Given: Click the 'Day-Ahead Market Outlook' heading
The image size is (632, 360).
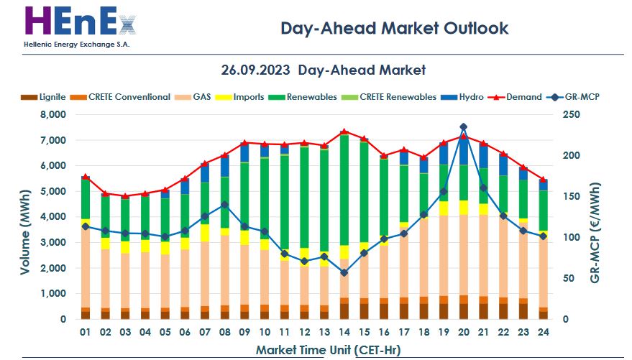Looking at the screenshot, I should (x=394, y=28).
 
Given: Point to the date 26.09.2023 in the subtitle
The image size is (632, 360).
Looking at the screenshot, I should (x=255, y=70).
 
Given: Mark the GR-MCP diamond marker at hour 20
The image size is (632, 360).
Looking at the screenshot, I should (x=463, y=127).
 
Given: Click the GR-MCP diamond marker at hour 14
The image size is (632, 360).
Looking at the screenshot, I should (x=344, y=272).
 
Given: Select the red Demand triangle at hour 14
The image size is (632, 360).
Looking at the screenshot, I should (x=344, y=131).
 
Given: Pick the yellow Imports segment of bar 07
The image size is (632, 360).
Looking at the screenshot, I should (x=205, y=233).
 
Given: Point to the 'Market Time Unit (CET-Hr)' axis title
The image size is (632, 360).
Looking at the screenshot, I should (x=328, y=350).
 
